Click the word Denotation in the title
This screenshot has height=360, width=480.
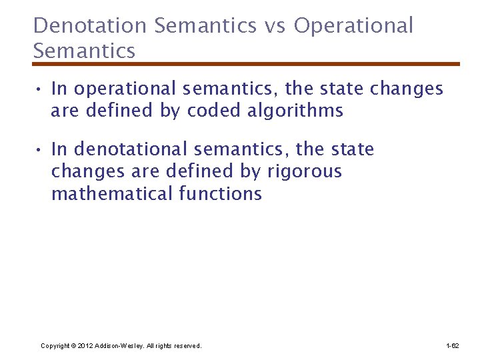click(x=89, y=26)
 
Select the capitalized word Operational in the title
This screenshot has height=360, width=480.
click(x=353, y=26)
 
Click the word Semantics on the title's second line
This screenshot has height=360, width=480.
click(x=84, y=51)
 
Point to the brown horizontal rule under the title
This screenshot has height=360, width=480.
click(x=246, y=64)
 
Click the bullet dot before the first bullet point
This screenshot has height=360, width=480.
click(x=40, y=89)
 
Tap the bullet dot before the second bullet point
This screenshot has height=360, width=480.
click(x=40, y=150)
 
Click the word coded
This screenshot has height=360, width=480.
click(x=211, y=111)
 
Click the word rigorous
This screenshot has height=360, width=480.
click(x=304, y=171)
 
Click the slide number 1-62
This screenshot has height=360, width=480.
click(x=452, y=346)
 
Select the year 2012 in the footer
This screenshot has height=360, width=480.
click(x=85, y=346)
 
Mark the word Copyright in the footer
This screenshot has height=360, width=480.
click(x=54, y=346)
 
